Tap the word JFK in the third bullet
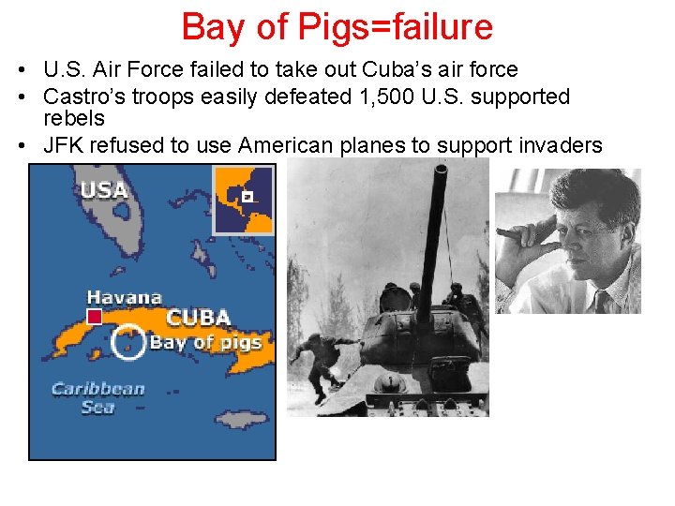coord(63,144)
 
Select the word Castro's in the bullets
coord(82,97)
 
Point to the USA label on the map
coord(104,189)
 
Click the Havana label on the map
coord(124,297)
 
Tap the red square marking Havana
coord(94,317)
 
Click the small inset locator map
coord(244,200)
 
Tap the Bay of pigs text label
coord(205,342)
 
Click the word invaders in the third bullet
coord(561,144)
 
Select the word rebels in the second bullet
coord(74,119)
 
